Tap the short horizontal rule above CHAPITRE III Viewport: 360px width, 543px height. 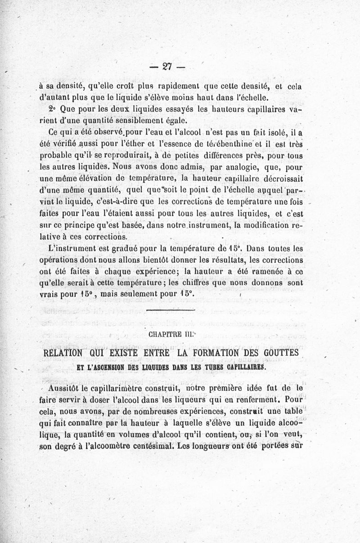click(x=171, y=310)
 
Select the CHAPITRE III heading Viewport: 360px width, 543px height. click(x=170, y=334)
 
